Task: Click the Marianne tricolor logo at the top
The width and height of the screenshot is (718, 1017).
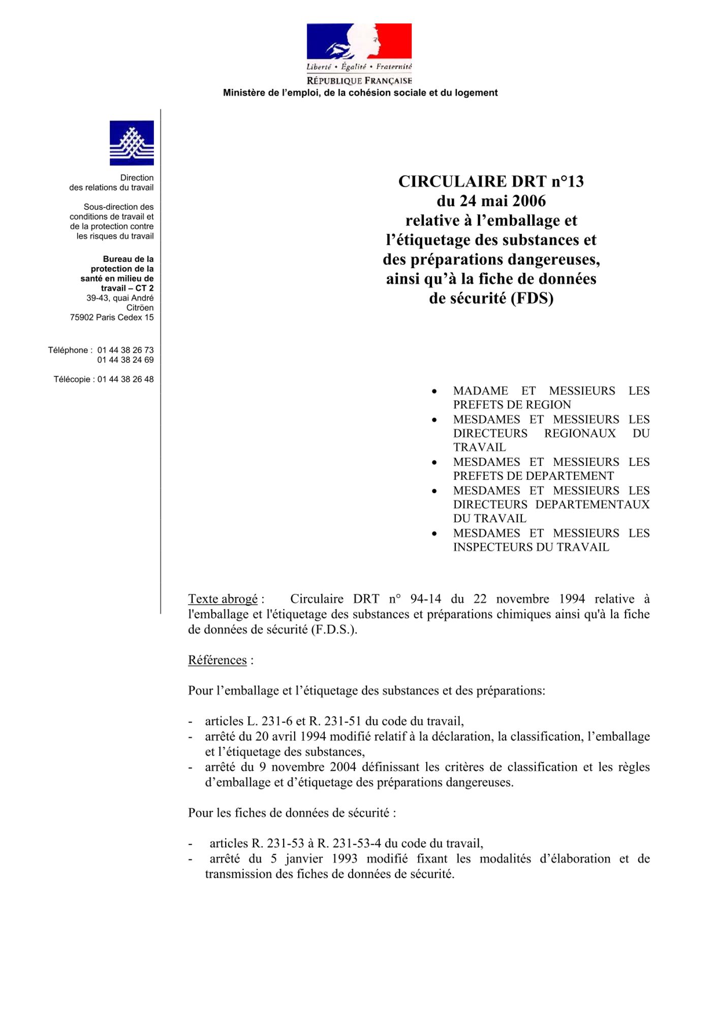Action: [359, 42]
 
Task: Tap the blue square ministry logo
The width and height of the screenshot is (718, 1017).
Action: [132, 143]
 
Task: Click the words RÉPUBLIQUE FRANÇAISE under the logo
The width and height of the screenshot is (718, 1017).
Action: [359, 81]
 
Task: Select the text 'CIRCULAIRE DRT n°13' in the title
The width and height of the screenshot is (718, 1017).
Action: [491, 182]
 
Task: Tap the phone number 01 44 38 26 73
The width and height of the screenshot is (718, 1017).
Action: [126, 350]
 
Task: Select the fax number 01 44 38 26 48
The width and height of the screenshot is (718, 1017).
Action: [126, 379]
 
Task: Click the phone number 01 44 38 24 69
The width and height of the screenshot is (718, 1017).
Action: [126, 360]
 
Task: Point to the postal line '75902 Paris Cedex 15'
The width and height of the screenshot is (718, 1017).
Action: [112, 317]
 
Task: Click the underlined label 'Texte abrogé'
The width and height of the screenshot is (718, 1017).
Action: [223, 599]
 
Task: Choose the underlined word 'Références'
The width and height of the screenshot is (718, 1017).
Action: [217, 660]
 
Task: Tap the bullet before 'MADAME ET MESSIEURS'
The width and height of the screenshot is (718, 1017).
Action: [434, 392]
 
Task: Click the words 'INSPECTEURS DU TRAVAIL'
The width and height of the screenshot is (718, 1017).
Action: [531, 547]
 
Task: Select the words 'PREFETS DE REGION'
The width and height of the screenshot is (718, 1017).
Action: [512, 405]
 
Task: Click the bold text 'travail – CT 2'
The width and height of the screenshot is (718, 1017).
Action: [127, 288]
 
